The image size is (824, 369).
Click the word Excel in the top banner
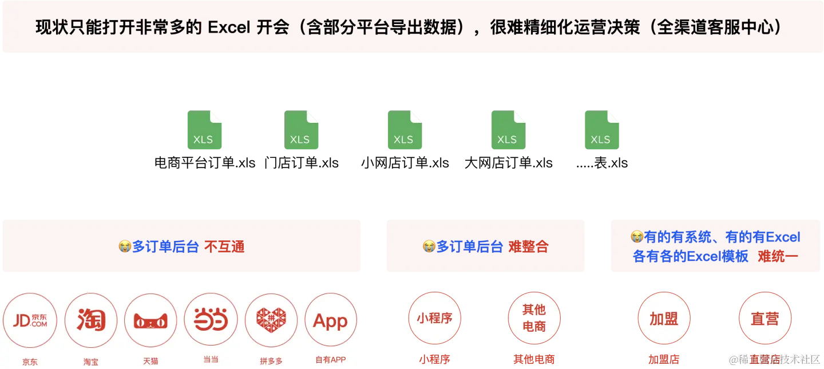point(228,27)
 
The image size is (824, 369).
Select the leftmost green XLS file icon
point(203,130)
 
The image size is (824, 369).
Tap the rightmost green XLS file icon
point(601,130)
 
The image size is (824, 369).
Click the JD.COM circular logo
point(30,320)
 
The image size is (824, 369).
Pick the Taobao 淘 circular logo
point(91,320)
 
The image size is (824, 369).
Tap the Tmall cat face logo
point(150,320)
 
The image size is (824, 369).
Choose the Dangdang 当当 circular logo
point(211,320)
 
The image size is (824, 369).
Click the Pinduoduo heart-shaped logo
point(271,320)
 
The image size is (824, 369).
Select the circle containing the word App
point(330,320)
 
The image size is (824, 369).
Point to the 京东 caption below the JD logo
point(30,362)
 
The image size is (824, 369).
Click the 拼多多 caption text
point(271,361)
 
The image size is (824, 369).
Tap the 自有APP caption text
point(330,360)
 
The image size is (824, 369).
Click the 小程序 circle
point(434,318)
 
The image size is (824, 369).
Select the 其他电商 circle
point(534,318)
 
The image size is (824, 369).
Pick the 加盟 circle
point(664,319)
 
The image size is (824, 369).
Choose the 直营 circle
point(764,319)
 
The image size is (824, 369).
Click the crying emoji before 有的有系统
point(636,236)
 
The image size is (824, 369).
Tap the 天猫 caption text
point(150,361)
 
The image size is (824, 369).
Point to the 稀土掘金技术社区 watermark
point(774,359)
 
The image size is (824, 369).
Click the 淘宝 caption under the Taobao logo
point(91,362)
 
